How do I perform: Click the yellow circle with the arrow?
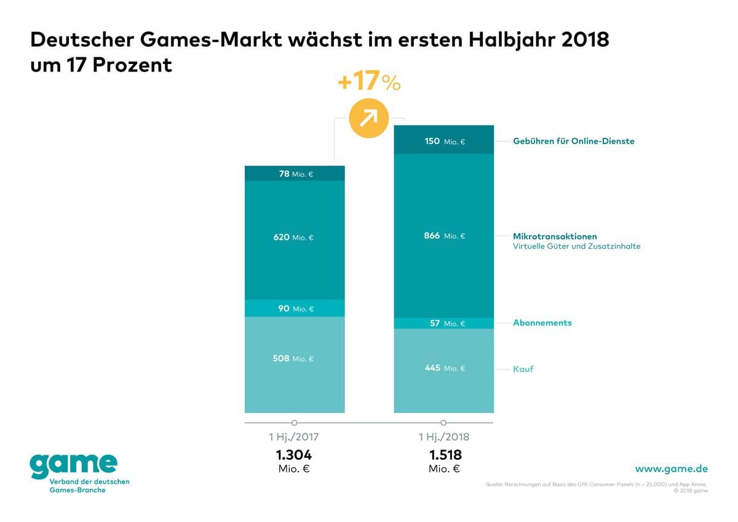(x=369, y=116)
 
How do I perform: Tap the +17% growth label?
(x=369, y=82)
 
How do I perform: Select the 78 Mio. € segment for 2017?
(x=295, y=174)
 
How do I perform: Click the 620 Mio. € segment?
(x=295, y=238)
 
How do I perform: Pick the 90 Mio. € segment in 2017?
(x=295, y=308)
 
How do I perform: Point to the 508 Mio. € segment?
(x=295, y=359)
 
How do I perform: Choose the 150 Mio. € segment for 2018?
(x=443, y=141)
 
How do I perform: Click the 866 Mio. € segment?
(x=443, y=236)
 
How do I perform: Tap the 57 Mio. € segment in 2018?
(x=443, y=323)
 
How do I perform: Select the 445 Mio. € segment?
(x=443, y=368)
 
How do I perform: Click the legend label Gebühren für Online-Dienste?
(x=574, y=141)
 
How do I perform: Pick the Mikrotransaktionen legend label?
(x=555, y=236)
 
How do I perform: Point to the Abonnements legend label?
(x=542, y=323)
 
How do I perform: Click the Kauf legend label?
(x=523, y=369)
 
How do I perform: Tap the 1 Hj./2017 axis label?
(x=294, y=438)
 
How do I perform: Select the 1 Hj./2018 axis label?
(x=443, y=438)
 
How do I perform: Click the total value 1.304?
(x=294, y=456)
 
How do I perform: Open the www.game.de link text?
(x=671, y=469)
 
